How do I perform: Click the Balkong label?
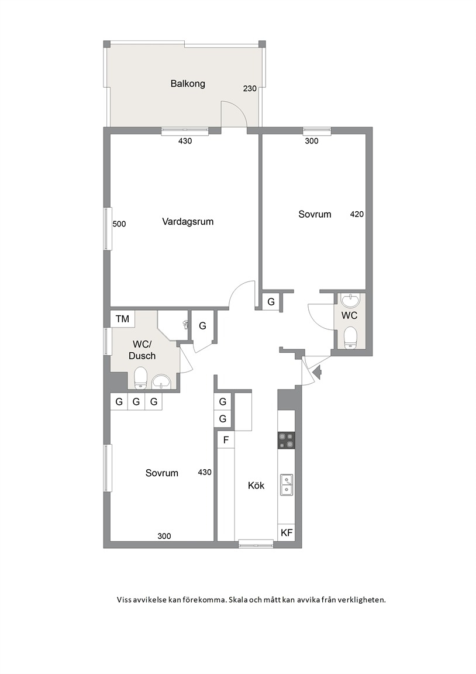point(188,84)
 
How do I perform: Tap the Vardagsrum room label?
point(188,222)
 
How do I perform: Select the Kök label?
point(256,486)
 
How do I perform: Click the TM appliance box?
point(122,319)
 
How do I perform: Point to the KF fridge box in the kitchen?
point(287,532)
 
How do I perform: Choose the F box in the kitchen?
point(226,440)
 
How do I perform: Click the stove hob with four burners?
point(287,440)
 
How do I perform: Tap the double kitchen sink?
point(287,484)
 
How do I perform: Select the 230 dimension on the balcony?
point(250,88)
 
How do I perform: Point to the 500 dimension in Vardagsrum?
point(119,224)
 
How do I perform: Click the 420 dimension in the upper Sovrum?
point(357,214)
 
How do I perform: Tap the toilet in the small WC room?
point(351,338)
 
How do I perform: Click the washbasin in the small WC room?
point(351,300)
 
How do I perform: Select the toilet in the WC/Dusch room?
point(140,379)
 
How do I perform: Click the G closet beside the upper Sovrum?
point(271,302)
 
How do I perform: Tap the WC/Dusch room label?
point(142,350)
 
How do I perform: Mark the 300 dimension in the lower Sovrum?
point(164,536)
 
